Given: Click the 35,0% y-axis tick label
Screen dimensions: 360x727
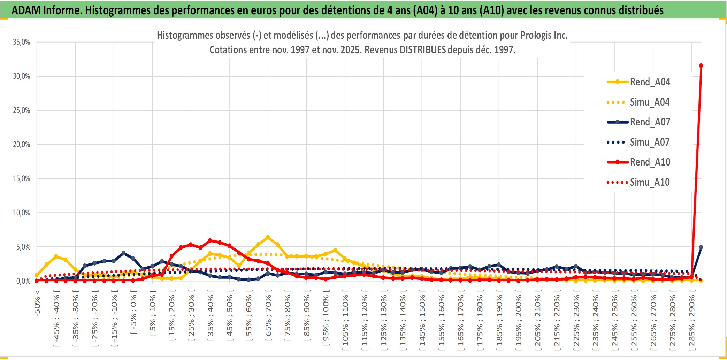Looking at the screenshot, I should pos(22,42).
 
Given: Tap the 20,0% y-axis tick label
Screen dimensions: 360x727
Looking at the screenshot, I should pos(22,145).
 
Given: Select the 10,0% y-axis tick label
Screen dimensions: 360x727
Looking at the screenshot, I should pos(22,213).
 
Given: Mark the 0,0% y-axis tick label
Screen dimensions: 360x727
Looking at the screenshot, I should pos(23,281).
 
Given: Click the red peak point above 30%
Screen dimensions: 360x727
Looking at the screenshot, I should pos(701,66).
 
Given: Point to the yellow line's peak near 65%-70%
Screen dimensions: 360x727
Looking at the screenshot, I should pos(268,237).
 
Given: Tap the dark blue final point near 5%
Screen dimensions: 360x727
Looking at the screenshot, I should pos(701,247).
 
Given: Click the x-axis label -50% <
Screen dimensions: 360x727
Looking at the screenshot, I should pos(37,303).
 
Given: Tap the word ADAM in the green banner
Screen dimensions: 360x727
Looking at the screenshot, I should pos(26,10).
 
